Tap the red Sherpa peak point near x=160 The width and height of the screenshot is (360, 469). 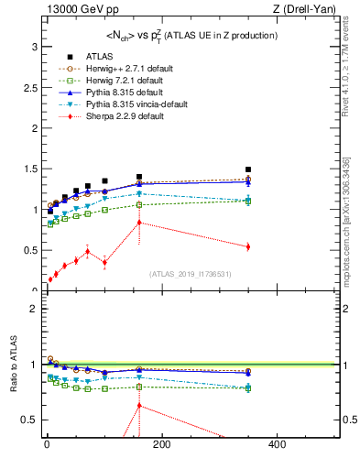tap(139, 223)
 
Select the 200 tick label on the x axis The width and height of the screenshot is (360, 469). tap(161, 445)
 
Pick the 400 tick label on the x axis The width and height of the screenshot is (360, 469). tap(276, 445)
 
